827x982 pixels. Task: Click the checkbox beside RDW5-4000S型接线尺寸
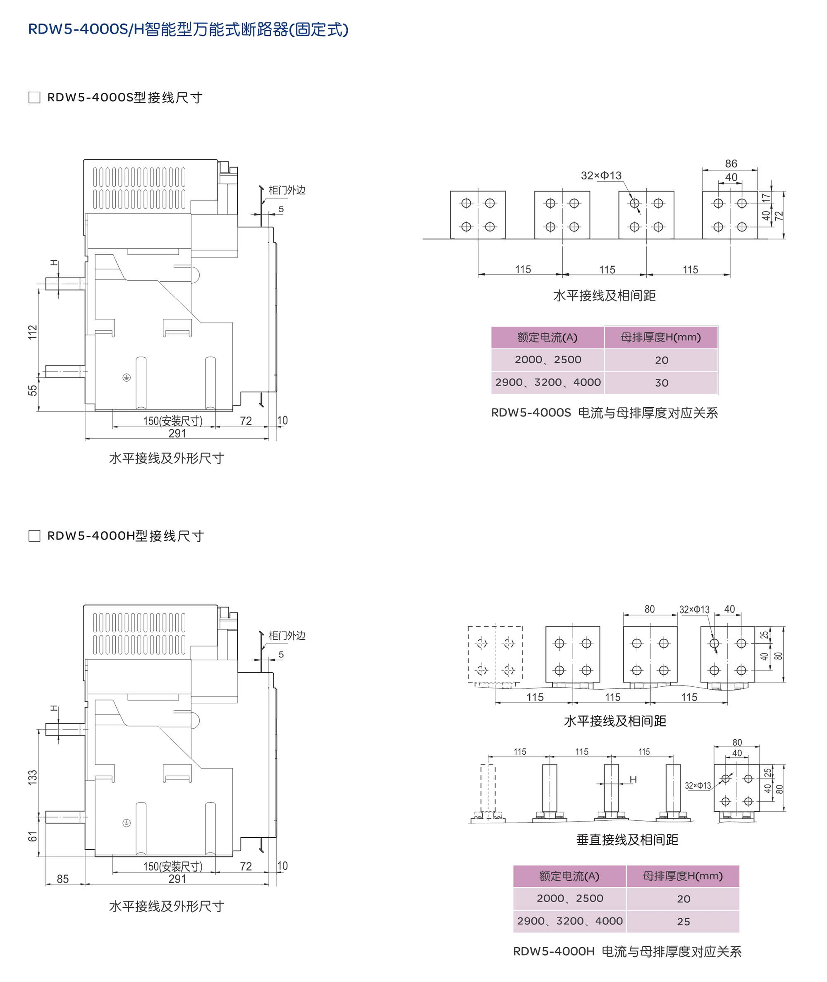(34, 98)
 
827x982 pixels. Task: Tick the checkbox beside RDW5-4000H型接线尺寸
(34, 536)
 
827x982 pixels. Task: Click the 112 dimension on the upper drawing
(32, 332)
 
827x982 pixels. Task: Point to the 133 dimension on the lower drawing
(32, 777)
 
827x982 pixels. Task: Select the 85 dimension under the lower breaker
(63, 879)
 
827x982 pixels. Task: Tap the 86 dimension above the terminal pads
(731, 164)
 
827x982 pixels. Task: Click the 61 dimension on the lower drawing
(32, 837)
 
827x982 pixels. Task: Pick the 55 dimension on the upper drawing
(32, 390)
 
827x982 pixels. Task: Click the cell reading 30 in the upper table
(661, 383)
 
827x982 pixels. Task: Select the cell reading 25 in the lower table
(683, 922)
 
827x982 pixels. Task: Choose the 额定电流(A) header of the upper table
(547, 337)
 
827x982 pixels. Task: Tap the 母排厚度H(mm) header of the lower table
(682, 876)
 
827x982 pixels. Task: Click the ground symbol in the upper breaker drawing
(127, 378)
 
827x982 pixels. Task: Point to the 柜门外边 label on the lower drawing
(287, 636)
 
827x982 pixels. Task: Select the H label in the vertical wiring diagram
(633, 779)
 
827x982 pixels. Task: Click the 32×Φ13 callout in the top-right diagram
(601, 175)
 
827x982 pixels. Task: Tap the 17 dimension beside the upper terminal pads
(765, 198)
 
